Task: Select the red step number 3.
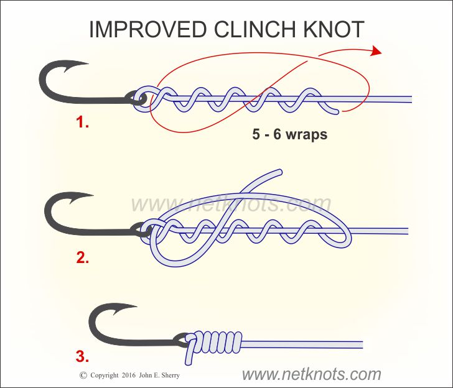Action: coord(82,357)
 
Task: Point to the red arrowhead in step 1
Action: coord(375,51)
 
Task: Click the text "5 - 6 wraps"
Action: coord(289,134)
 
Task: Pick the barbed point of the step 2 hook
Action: coord(87,199)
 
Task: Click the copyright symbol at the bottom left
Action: coord(83,376)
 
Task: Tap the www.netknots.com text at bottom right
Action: coord(311,374)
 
